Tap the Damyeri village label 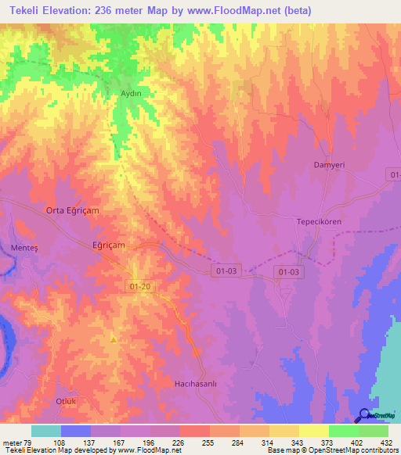[329, 165]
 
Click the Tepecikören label [319, 221]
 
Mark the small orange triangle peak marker [114, 339]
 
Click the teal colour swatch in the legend [46, 431]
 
